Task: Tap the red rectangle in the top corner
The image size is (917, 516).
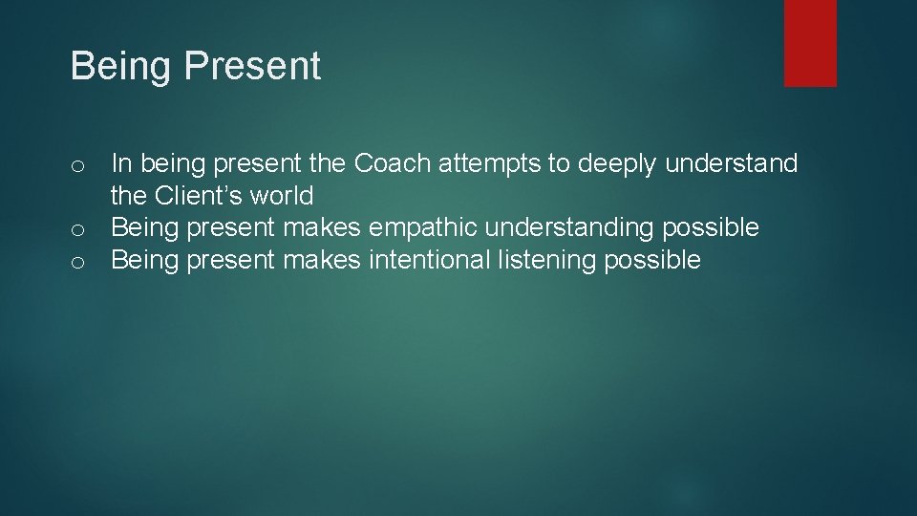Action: click(x=810, y=43)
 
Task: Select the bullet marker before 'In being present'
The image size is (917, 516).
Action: click(x=77, y=166)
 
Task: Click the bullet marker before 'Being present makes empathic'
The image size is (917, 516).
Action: click(x=77, y=229)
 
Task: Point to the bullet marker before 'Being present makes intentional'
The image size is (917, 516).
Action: click(x=77, y=261)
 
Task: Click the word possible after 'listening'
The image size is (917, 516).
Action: click(x=652, y=259)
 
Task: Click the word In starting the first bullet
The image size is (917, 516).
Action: click(x=121, y=164)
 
